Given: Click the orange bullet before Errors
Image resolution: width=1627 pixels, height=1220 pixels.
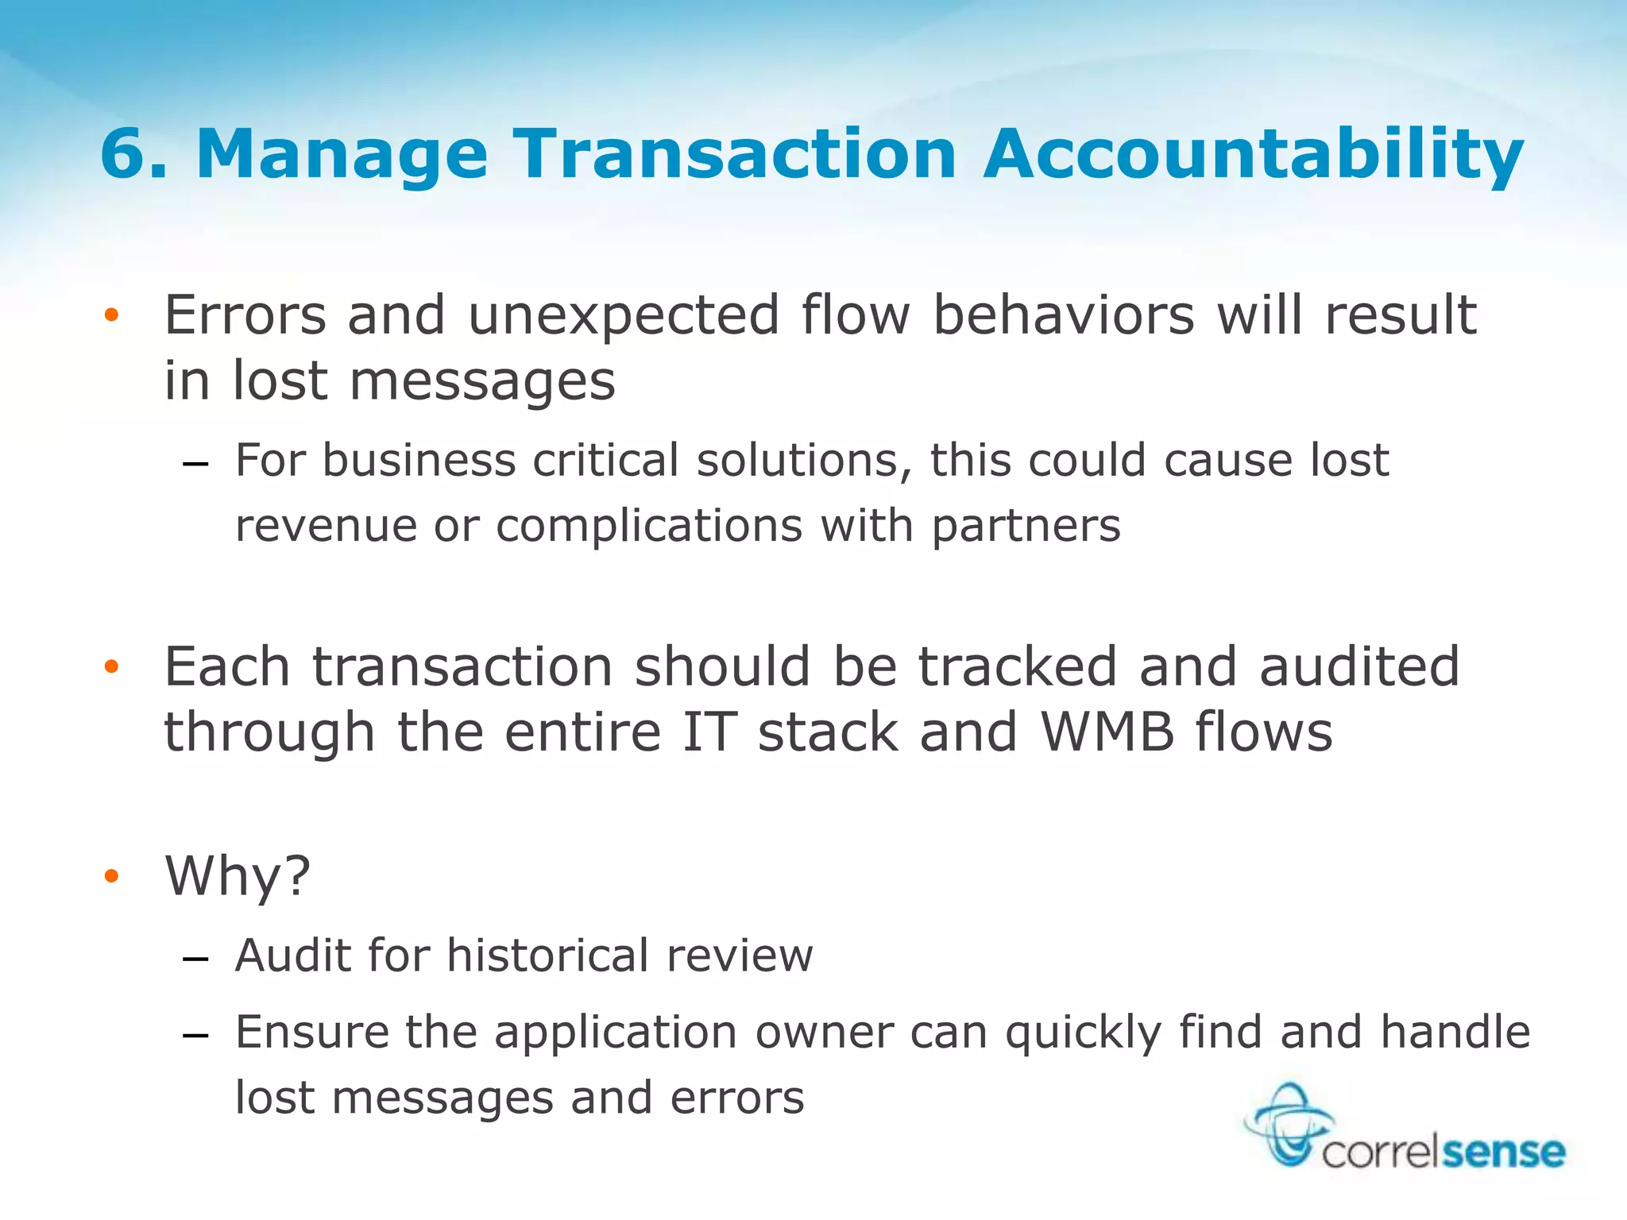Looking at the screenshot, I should pos(111,315).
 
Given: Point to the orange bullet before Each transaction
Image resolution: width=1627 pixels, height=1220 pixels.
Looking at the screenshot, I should pos(111,666).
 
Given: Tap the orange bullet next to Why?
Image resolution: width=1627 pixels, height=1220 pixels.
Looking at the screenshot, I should pos(111,876).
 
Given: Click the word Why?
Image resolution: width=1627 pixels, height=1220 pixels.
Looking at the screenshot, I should pos(238,877).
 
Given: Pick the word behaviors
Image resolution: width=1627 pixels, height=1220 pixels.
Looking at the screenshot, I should pos(1064,315).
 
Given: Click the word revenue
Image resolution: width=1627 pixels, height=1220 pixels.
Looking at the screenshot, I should pos(326,526).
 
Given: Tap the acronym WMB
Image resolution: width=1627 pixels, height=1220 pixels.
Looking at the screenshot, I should pos(1107,732).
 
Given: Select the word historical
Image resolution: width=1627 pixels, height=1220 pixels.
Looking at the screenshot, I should pos(548,955).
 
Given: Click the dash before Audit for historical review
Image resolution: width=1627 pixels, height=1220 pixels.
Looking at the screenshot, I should pos(195,959).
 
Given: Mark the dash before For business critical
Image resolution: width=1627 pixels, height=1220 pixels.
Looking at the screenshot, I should pos(195,464).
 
